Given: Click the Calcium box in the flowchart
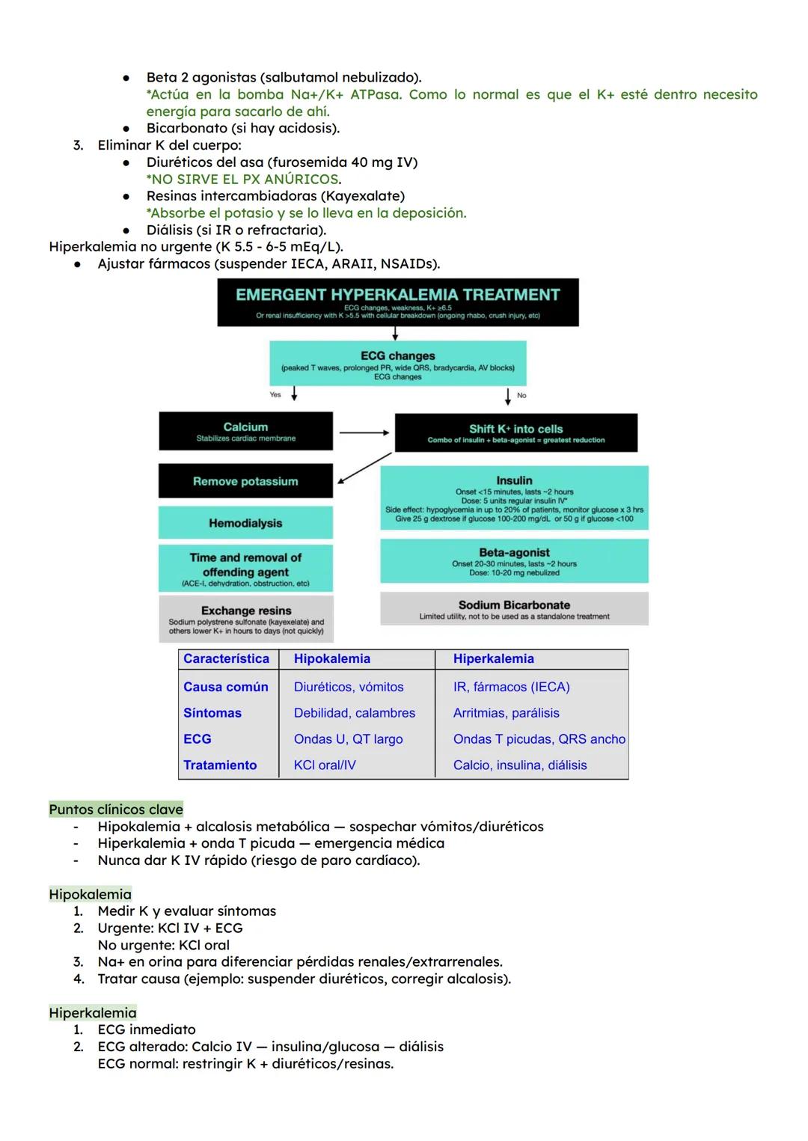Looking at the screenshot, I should point(245,431).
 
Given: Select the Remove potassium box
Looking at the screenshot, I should point(245,481).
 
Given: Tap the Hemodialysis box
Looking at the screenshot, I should point(245,523).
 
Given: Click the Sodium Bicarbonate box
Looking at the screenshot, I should point(514,609).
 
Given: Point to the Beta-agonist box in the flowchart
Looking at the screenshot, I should point(514,562).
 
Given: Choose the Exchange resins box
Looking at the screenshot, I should point(246,619).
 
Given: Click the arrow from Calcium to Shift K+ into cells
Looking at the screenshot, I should point(364,432).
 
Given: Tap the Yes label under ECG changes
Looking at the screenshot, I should point(275,394).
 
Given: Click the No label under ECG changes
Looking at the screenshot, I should point(521,395).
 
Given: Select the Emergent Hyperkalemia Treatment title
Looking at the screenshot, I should point(398,295).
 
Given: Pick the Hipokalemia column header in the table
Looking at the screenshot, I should point(332,659).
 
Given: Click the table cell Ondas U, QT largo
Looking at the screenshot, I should point(348,739).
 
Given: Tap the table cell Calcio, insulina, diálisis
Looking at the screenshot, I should point(520,765).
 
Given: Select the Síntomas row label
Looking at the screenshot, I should point(212,713).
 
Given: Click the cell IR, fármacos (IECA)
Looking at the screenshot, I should point(511,687).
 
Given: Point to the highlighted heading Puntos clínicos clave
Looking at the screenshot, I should point(116,810).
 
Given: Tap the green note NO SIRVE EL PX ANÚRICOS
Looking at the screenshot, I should point(244,180).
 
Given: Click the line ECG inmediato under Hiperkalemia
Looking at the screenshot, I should point(147,1030).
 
